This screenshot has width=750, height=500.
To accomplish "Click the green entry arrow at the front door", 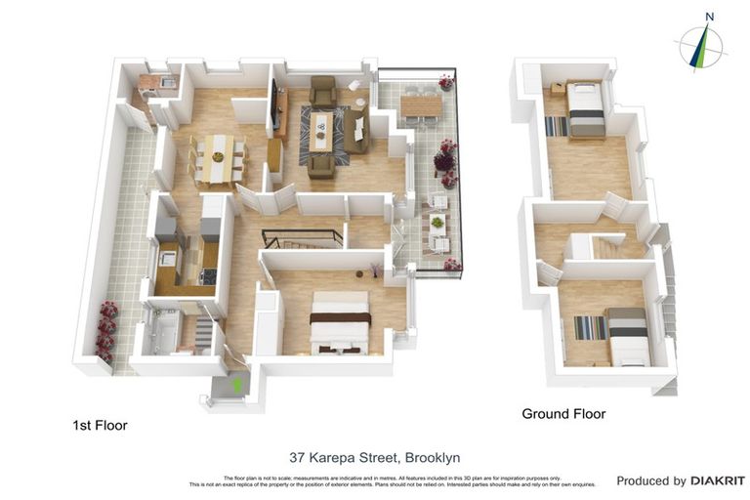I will point(236,385).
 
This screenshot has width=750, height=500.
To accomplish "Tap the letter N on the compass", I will point(710,17).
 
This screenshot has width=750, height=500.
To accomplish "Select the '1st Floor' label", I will point(100,426).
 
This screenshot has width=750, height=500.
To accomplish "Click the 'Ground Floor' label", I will point(562,414).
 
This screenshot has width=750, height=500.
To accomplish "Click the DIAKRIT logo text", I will point(718,480).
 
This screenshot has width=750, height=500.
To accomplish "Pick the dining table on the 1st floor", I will point(217,158).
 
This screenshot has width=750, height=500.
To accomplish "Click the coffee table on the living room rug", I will point(322,127).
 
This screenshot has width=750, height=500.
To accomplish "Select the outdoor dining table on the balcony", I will point(421,104).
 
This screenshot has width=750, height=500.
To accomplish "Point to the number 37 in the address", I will point(298,457).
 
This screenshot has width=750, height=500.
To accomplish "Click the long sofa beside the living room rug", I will point(356,130).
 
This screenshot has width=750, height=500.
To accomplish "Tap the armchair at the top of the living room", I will point(323,91).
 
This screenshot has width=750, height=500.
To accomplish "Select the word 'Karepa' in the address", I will point(334,457).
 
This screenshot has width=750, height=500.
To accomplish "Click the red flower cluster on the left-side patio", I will point(106,332).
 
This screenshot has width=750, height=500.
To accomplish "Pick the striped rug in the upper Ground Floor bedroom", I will point(555,126).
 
